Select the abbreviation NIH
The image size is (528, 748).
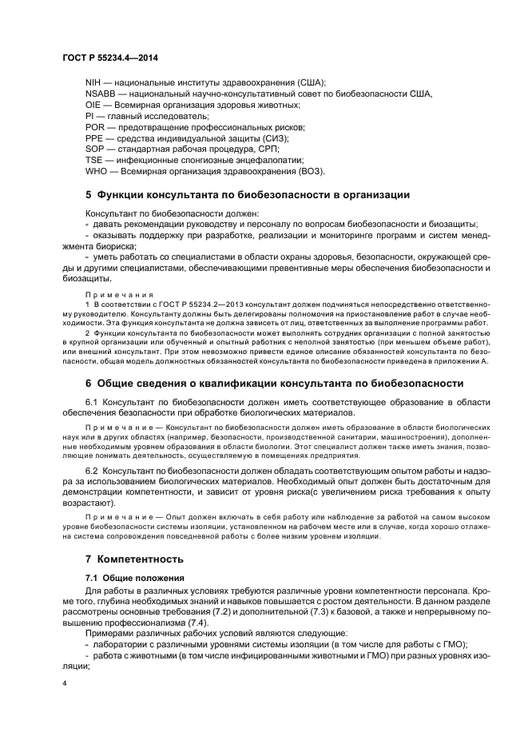(x=93, y=82)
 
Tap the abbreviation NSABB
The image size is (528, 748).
(x=101, y=93)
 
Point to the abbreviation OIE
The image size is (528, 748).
(x=93, y=105)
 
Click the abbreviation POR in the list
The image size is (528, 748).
(x=95, y=127)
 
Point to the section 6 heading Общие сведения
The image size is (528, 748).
(x=262, y=383)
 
